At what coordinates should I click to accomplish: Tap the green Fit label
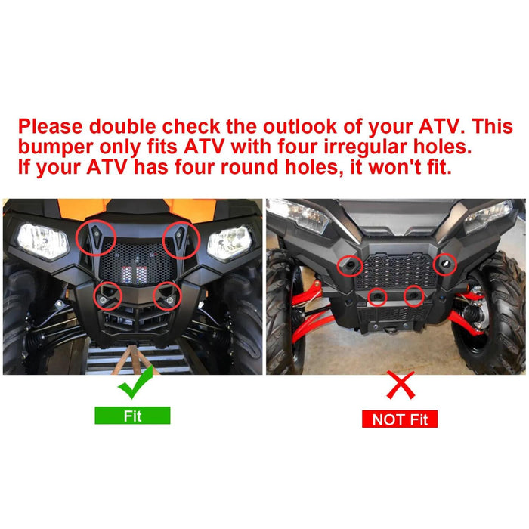pos(132,415)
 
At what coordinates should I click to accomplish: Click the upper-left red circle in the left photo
pos(95,239)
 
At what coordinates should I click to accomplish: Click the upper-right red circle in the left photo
pos(181,239)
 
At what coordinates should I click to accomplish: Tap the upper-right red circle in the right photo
pos(445,264)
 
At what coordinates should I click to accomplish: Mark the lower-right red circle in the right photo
pos(413,296)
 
